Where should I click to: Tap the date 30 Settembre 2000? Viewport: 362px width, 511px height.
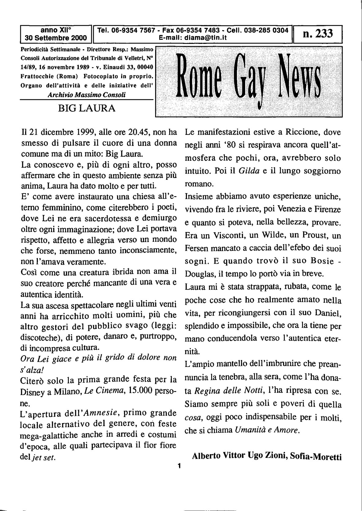point(56,38)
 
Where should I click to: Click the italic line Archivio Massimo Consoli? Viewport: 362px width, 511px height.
point(87,95)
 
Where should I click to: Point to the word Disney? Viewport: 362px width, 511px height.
point(34,392)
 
